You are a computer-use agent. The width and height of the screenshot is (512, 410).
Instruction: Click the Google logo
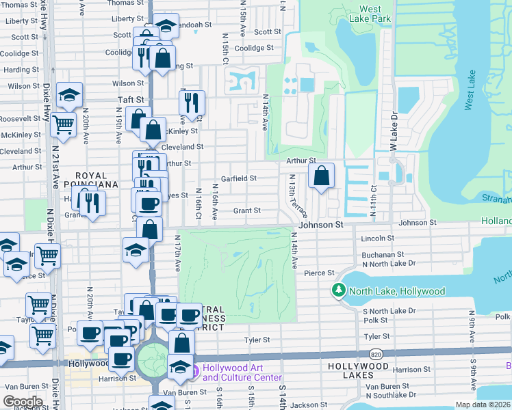(x=22, y=402)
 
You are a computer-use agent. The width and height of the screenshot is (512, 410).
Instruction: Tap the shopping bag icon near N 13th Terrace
(x=321, y=177)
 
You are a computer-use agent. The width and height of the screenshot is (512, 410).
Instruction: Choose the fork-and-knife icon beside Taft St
(x=192, y=102)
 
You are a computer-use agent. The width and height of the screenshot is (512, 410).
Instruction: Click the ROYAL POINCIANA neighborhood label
(x=91, y=180)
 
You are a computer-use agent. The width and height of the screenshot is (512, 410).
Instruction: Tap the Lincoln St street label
(x=378, y=238)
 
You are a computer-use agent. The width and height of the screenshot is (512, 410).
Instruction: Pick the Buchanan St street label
(x=380, y=254)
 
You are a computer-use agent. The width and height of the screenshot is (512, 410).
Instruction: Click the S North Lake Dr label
(x=389, y=311)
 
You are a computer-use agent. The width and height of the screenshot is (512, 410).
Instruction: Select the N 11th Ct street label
(x=373, y=202)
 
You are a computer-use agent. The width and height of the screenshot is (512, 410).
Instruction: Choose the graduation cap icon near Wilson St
(x=68, y=96)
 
